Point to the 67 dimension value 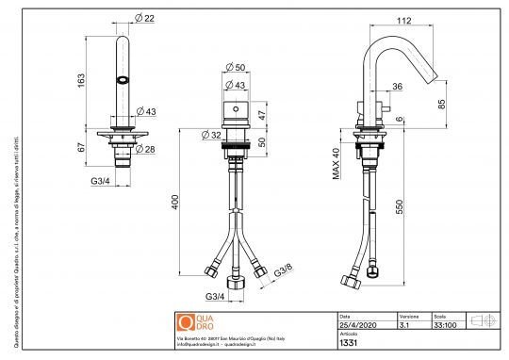pos(83,148)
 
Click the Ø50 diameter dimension pos(237,68)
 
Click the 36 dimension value pos(397,87)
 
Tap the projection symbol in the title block pos(483,320)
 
